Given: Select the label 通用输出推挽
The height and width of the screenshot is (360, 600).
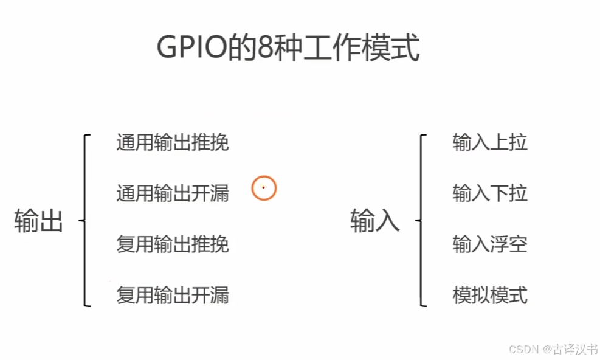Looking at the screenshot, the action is (173, 143).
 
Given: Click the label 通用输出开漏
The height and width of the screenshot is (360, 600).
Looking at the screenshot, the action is (173, 194).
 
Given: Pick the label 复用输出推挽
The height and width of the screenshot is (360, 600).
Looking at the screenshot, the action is (173, 244).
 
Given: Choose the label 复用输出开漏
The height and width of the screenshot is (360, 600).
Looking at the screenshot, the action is (173, 296).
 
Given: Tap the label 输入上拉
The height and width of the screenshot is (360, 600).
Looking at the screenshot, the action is (490, 143).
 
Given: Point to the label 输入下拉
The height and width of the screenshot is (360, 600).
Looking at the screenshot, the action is (490, 194).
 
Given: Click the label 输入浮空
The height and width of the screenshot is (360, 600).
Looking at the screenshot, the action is (490, 244).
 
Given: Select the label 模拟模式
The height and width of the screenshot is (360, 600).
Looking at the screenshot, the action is (490, 296).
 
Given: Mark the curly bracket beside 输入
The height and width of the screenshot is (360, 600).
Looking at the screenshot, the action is (421, 220).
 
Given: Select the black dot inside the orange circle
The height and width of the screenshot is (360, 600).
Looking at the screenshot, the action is (263, 188).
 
